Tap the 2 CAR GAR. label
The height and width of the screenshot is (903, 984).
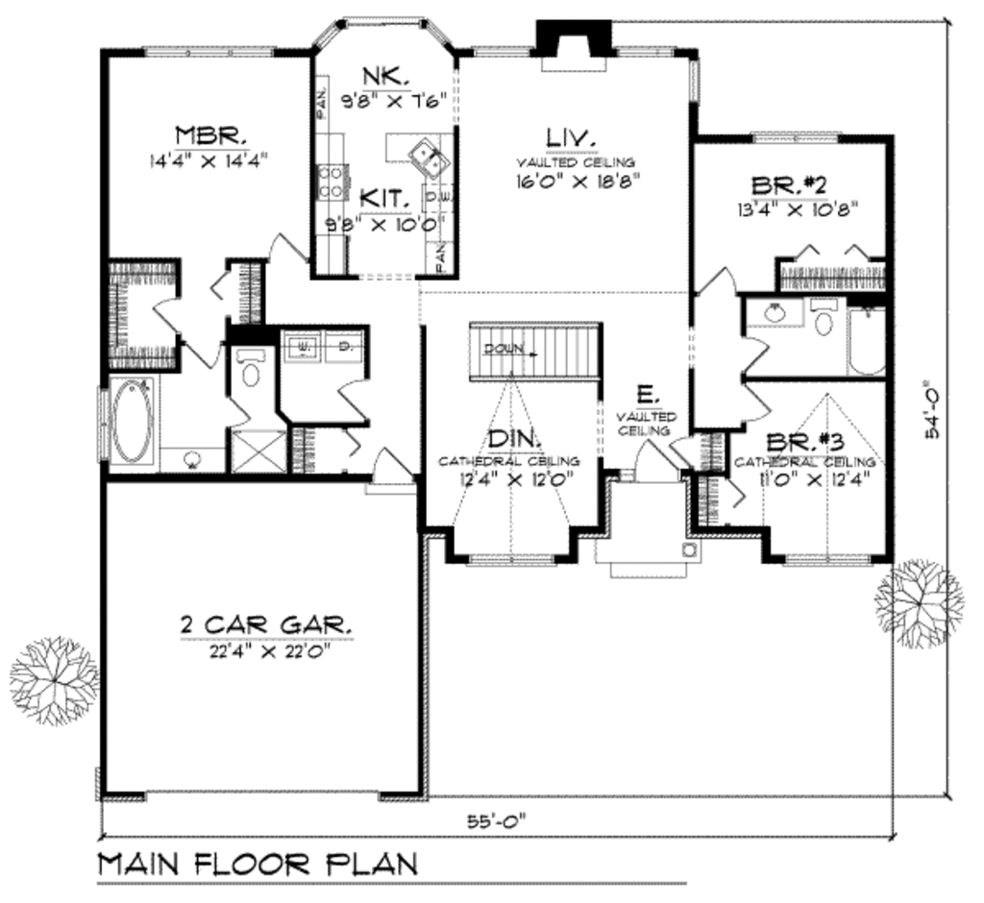click(266, 626)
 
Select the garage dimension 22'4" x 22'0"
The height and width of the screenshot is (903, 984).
click(265, 649)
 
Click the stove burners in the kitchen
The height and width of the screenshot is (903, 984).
click(332, 182)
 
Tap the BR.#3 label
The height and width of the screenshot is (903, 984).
click(805, 443)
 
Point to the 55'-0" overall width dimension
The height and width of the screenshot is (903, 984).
click(498, 819)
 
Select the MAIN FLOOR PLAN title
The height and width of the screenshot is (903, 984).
click(258, 863)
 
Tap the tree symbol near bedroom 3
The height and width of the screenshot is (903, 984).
click(919, 603)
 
